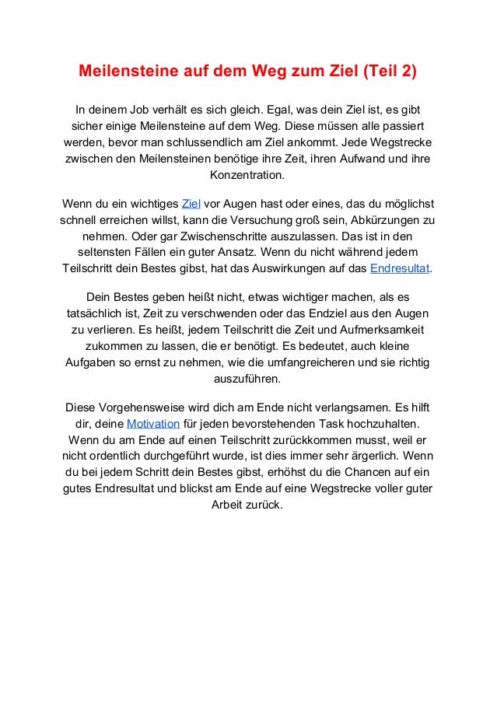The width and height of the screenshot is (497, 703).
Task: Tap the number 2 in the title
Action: coord(407,73)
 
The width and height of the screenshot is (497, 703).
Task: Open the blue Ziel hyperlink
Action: coord(190,205)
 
